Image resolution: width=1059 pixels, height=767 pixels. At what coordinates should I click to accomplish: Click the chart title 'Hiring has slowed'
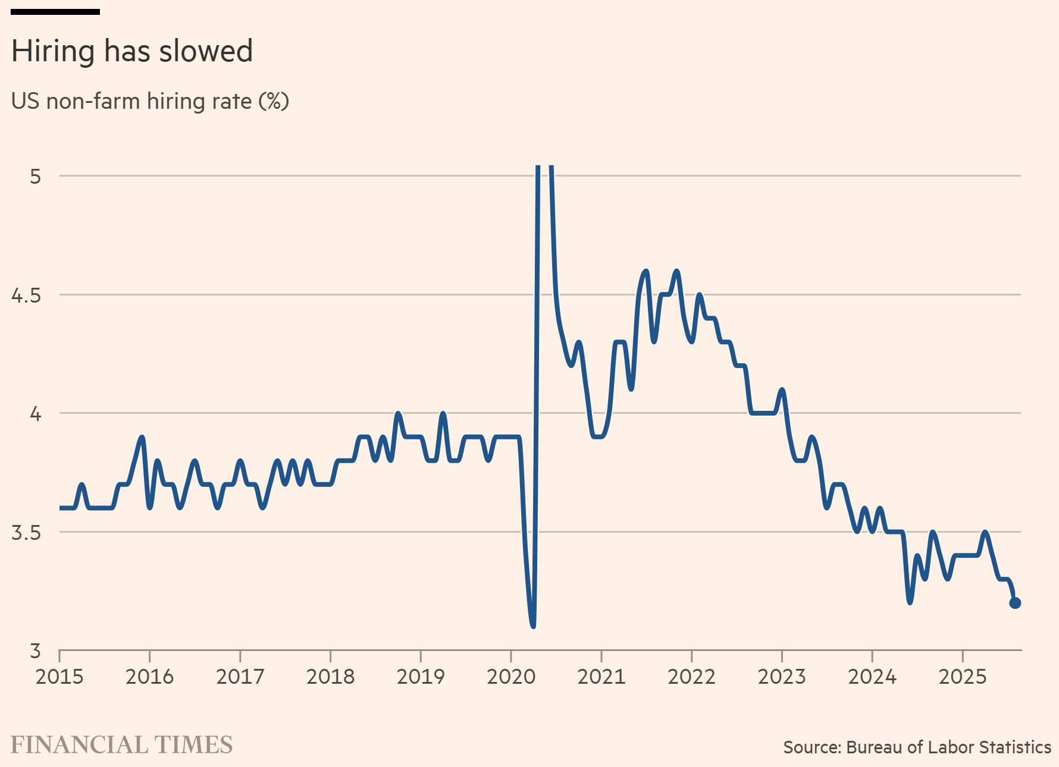[132, 51]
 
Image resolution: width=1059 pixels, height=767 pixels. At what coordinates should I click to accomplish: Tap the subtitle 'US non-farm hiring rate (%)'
[150, 102]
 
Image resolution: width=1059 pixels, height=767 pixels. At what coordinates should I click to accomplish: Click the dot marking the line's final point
[1015, 603]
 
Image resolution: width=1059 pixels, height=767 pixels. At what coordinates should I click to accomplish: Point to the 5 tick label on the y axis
[36, 177]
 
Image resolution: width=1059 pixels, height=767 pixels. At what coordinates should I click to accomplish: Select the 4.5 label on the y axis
[26, 296]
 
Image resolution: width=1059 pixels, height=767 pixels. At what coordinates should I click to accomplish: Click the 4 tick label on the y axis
[36, 414]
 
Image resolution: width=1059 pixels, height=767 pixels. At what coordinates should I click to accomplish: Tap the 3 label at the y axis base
[36, 651]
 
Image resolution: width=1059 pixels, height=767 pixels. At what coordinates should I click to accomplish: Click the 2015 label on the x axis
[59, 677]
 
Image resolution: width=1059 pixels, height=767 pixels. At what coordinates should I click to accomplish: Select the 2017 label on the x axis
[240, 677]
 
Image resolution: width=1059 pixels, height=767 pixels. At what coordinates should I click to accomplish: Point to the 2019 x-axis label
[421, 677]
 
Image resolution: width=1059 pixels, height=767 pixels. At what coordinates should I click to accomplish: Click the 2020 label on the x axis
[511, 677]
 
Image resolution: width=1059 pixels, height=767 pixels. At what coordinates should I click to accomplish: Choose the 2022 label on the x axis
[691, 677]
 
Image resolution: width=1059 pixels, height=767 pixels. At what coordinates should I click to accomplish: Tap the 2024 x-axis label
[872, 677]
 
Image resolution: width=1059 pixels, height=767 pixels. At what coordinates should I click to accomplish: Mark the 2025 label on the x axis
[963, 677]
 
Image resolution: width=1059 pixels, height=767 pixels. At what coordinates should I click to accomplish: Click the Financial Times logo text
[122, 745]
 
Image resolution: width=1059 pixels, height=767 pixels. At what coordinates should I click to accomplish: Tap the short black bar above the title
[55, 12]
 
